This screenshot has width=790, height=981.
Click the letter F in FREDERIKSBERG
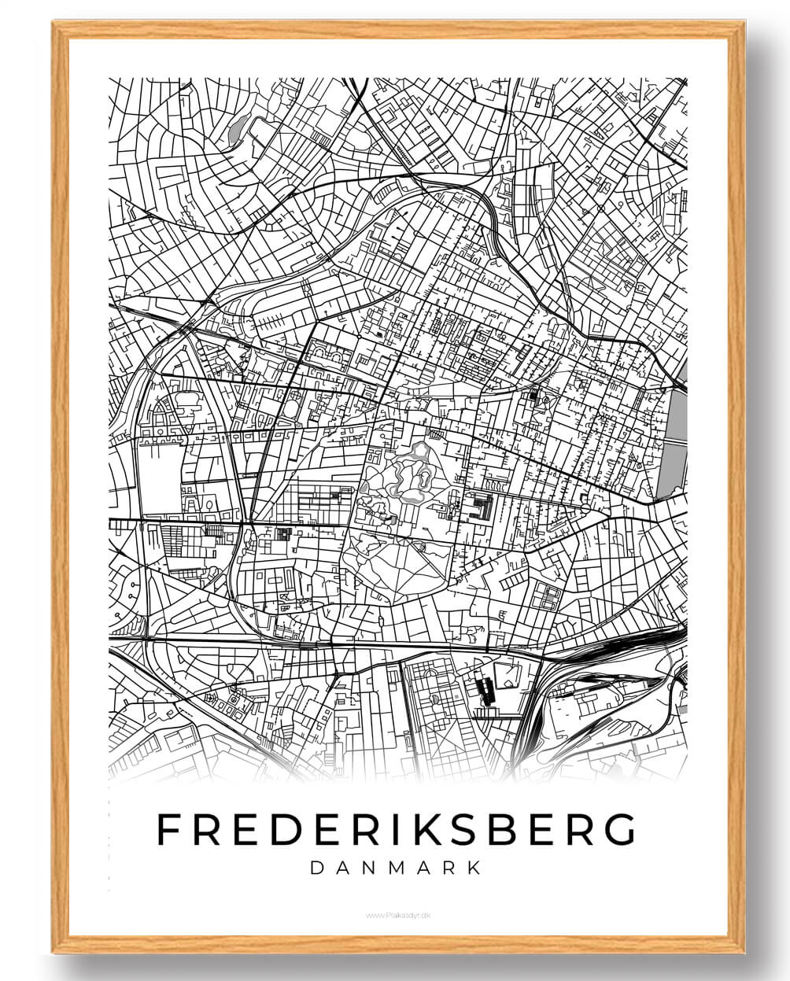(x=168, y=828)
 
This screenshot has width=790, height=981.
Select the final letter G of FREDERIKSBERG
(x=619, y=828)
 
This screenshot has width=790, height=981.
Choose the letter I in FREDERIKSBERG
(x=381, y=828)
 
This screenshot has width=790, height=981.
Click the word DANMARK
(x=396, y=869)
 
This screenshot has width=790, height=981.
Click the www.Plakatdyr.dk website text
(x=395, y=914)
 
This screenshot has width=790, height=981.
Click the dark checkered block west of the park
(x=283, y=534)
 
